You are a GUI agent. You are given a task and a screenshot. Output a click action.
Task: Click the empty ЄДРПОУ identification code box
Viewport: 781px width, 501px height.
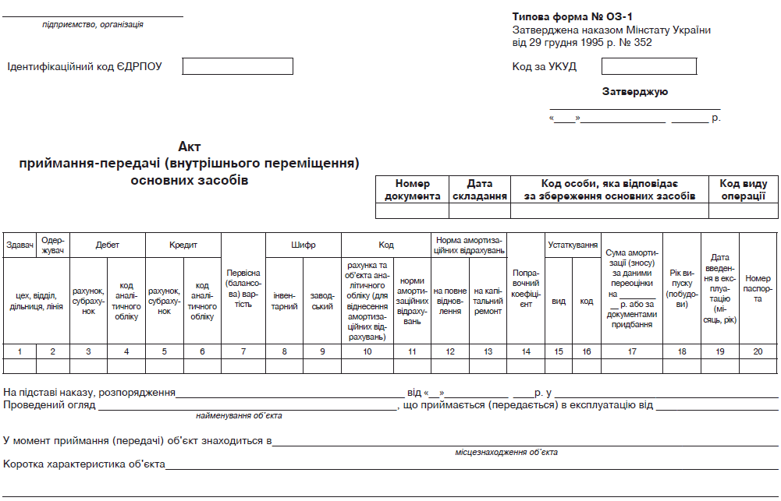(237, 66)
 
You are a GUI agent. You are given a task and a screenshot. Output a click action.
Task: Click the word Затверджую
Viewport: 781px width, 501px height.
(634, 92)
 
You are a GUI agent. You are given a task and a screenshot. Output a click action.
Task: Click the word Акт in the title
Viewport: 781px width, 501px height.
(190, 146)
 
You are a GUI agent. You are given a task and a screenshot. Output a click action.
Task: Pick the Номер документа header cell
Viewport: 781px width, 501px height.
(412, 189)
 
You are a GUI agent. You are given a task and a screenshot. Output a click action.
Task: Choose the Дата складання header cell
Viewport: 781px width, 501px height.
(479, 189)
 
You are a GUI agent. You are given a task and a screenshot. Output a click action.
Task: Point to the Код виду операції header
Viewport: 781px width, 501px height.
(742, 189)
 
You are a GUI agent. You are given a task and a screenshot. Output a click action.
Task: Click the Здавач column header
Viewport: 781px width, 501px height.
(20, 245)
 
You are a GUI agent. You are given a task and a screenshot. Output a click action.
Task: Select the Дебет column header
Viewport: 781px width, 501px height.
(108, 245)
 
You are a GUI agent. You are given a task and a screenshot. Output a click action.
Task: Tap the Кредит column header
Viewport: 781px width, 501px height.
(183, 245)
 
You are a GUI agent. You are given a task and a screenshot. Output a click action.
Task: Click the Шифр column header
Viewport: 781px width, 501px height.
(304, 245)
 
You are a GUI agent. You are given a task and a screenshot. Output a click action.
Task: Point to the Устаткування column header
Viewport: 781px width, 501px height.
(573, 245)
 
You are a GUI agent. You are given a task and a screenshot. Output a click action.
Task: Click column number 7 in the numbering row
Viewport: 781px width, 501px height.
(243, 351)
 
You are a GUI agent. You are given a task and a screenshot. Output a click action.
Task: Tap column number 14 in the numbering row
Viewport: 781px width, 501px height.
(526, 351)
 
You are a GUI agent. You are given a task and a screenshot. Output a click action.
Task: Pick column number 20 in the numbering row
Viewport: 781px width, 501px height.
(758, 351)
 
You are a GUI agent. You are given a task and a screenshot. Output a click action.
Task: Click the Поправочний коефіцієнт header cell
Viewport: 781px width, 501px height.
(526, 288)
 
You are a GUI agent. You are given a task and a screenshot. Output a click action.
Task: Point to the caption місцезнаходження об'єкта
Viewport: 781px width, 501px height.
(506, 452)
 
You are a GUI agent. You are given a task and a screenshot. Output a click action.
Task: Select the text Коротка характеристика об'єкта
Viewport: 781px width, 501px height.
(84, 464)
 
